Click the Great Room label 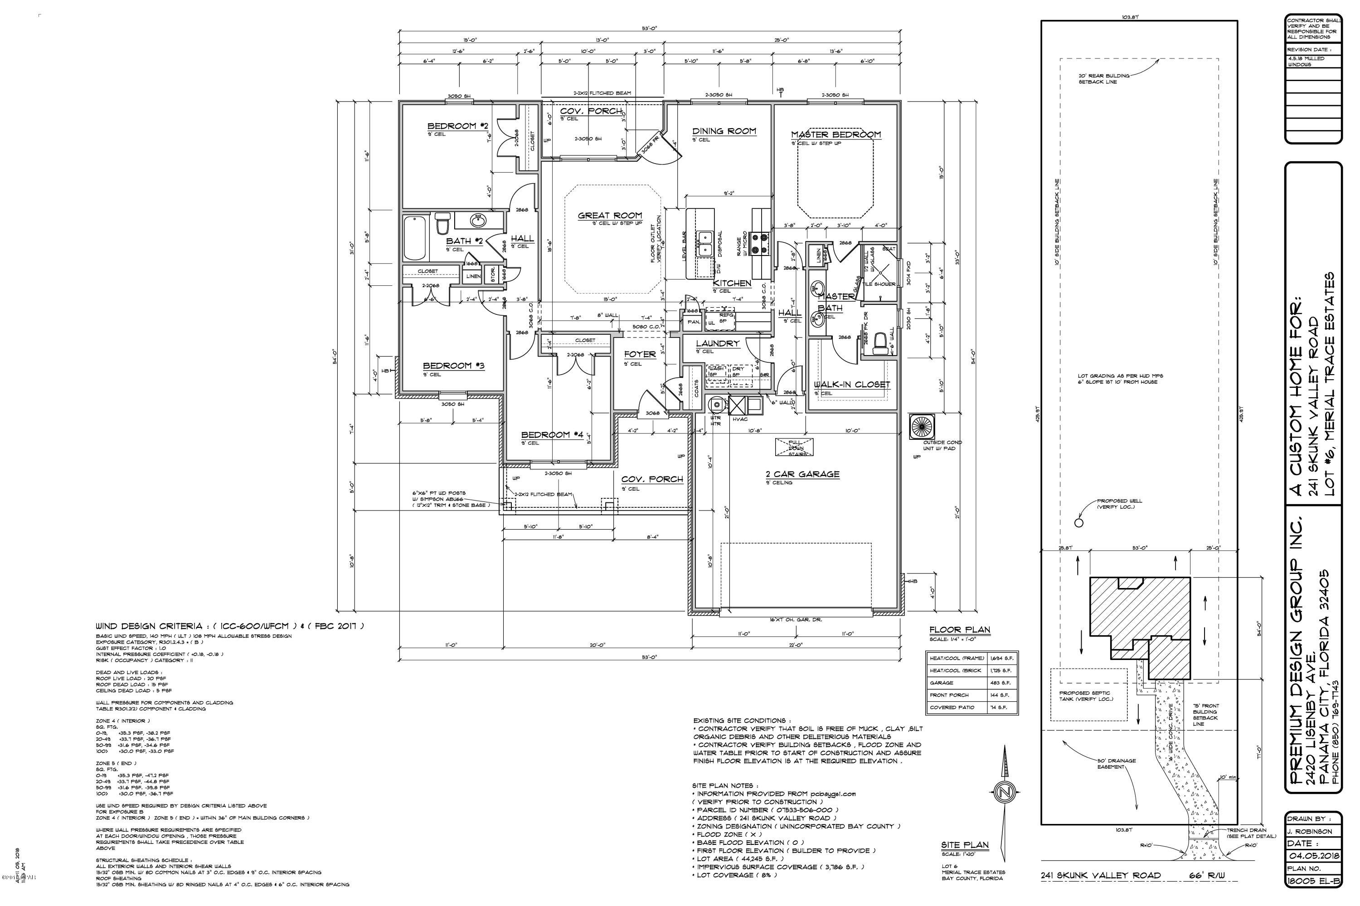click(x=610, y=216)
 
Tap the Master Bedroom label click(x=835, y=135)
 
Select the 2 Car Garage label click(x=802, y=474)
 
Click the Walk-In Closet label click(x=852, y=384)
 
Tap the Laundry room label click(x=717, y=343)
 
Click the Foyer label click(x=640, y=354)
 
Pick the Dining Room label click(x=724, y=131)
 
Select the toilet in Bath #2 click(x=442, y=222)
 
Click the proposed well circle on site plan click(x=1078, y=523)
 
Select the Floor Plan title click(x=959, y=630)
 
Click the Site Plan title click(x=965, y=845)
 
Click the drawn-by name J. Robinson click(x=1310, y=831)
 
